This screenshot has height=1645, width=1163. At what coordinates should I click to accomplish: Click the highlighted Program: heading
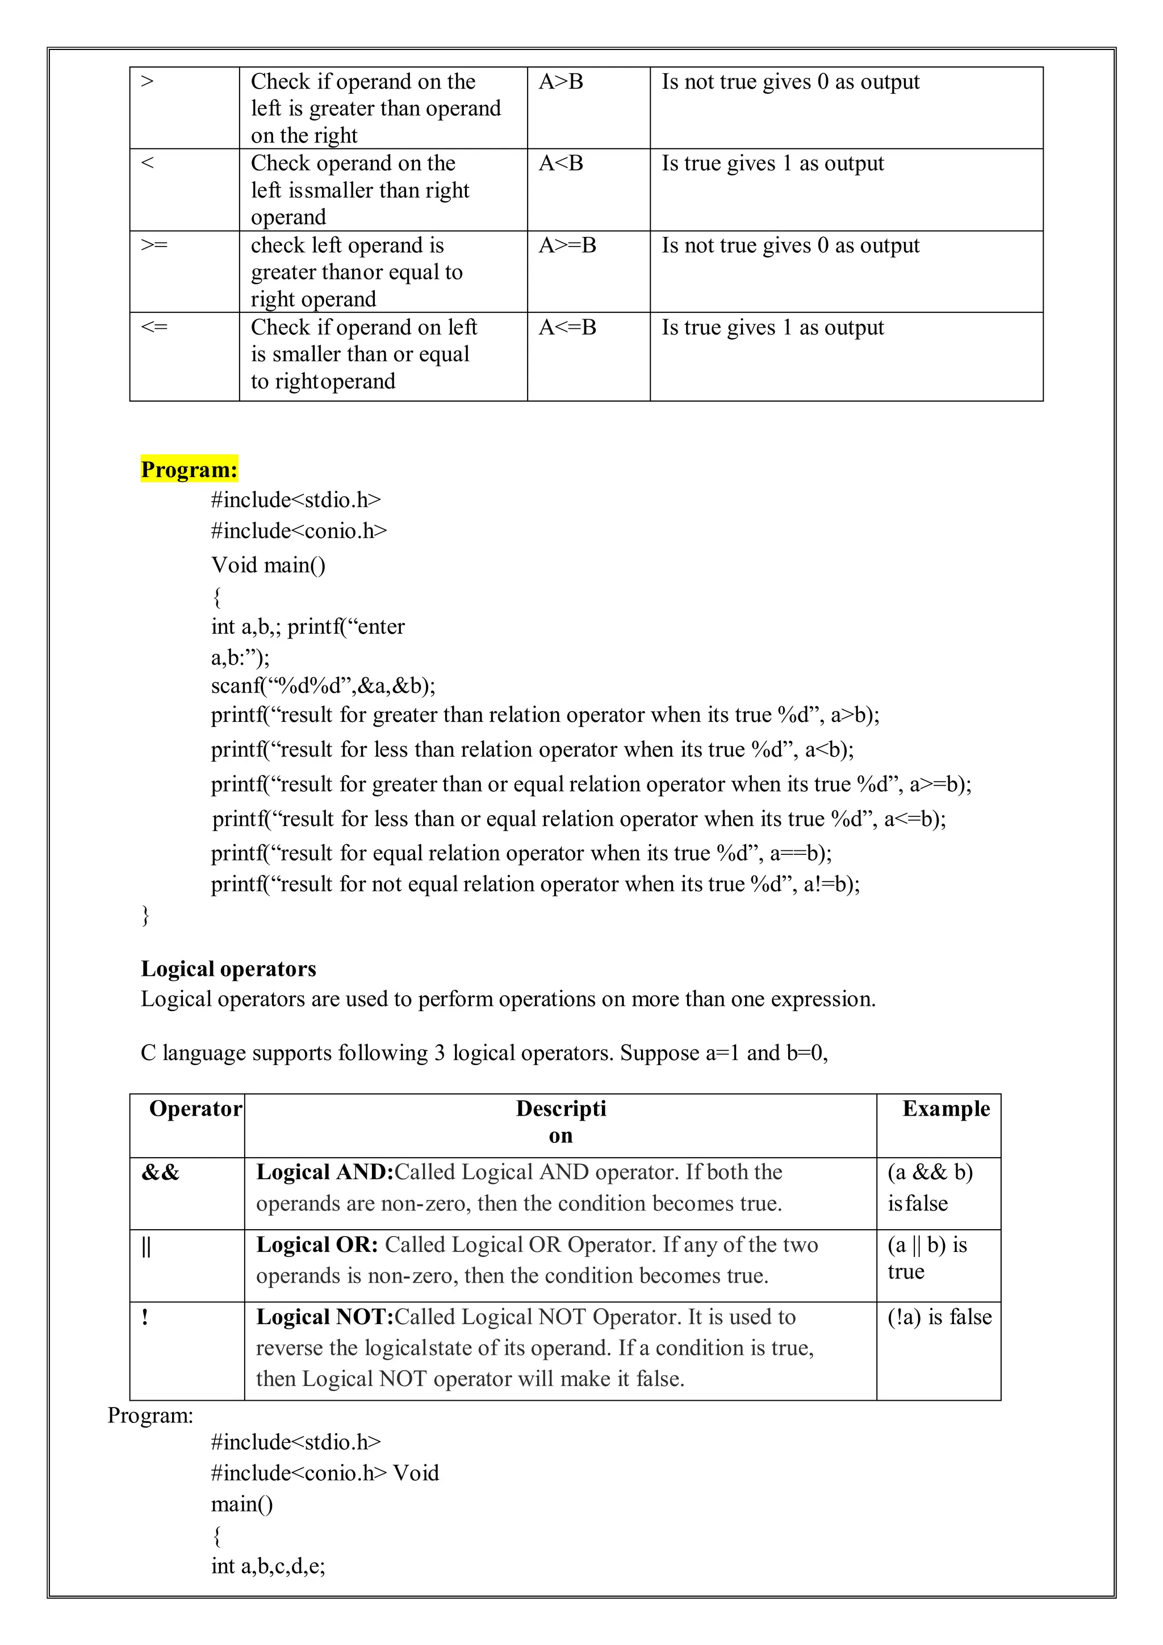(x=189, y=469)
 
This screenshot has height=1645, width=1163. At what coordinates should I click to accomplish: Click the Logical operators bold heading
(x=228, y=968)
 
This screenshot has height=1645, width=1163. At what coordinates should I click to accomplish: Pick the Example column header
(x=946, y=1109)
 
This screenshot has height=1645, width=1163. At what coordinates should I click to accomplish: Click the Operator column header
(x=195, y=1109)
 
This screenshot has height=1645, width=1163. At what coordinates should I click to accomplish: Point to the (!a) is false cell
(x=939, y=1317)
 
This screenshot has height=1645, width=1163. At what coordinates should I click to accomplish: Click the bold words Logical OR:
(x=316, y=1245)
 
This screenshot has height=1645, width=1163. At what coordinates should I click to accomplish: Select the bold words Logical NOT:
(x=324, y=1317)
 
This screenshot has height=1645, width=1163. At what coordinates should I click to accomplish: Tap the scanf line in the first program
(x=323, y=686)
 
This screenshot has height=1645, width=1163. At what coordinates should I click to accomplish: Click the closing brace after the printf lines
(x=145, y=915)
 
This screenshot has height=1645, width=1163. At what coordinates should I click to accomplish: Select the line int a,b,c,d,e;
(x=268, y=1566)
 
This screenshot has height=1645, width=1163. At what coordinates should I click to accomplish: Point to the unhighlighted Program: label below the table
(x=150, y=1416)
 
